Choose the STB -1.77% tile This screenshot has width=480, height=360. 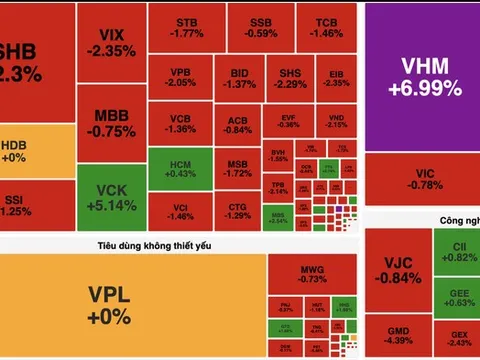186,28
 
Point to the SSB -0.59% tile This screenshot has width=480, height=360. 261,28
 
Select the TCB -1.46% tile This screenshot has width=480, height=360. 327,28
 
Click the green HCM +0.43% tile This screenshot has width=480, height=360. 182,168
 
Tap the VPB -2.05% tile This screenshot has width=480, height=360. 182,78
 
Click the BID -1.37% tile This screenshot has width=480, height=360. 242,78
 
